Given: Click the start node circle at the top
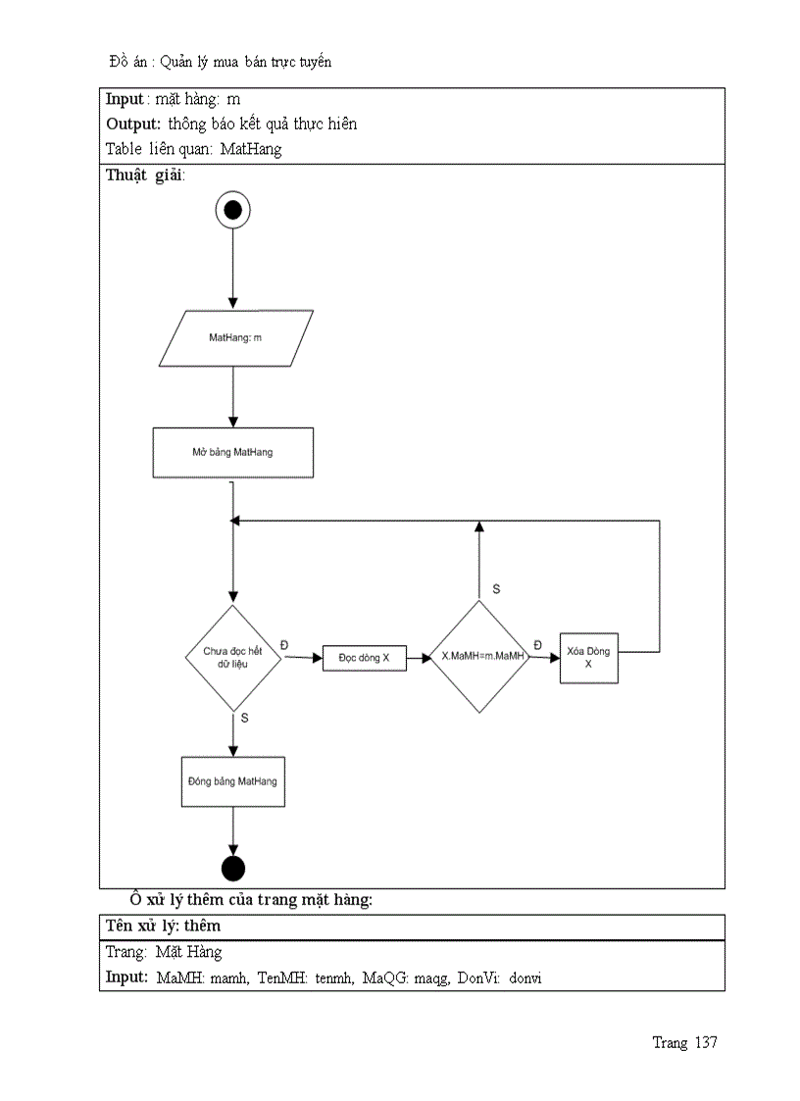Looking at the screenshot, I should pyautogui.click(x=233, y=209).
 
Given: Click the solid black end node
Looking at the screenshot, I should pyautogui.click(x=233, y=868).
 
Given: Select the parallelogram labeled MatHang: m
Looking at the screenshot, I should pyautogui.click(x=235, y=338).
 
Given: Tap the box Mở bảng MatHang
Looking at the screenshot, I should pyautogui.click(x=233, y=453).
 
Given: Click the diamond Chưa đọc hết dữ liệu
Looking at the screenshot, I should pyautogui.click(x=233, y=657).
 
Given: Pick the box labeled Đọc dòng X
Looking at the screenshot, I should pyautogui.click(x=365, y=658).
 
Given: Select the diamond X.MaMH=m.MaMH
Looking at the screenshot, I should pyautogui.click(x=479, y=657).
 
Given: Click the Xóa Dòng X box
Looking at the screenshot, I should pyautogui.click(x=588, y=658).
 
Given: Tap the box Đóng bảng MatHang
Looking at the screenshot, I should pyautogui.click(x=233, y=781).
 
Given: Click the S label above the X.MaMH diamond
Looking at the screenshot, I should pyautogui.click(x=496, y=588).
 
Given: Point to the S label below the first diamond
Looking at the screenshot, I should pyautogui.click(x=244, y=718).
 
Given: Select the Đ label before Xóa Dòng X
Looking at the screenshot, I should pyautogui.click(x=537, y=643).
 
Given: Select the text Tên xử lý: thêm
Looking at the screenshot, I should pyautogui.click(x=163, y=926).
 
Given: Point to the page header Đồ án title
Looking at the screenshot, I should pyautogui.click(x=221, y=62).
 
